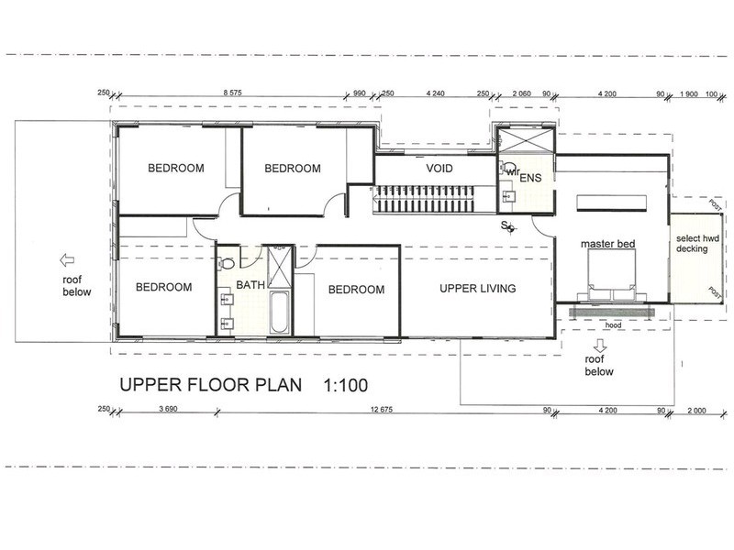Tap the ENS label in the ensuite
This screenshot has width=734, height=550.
click(x=532, y=177)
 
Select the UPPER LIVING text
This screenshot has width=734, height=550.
click(x=477, y=289)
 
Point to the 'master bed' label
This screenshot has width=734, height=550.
click(x=608, y=245)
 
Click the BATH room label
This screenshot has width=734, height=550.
click(x=250, y=285)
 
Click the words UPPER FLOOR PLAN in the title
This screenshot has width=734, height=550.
click(x=206, y=386)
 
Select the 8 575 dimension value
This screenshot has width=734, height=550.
click(x=237, y=93)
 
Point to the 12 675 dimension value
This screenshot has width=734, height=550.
click(x=378, y=411)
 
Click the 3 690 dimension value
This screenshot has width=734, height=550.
click(x=167, y=411)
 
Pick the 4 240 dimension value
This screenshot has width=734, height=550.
click(x=436, y=93)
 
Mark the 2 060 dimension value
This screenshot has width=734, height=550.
click(x=521, y=93)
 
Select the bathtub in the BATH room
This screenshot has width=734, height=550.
click(x=281, y=313)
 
